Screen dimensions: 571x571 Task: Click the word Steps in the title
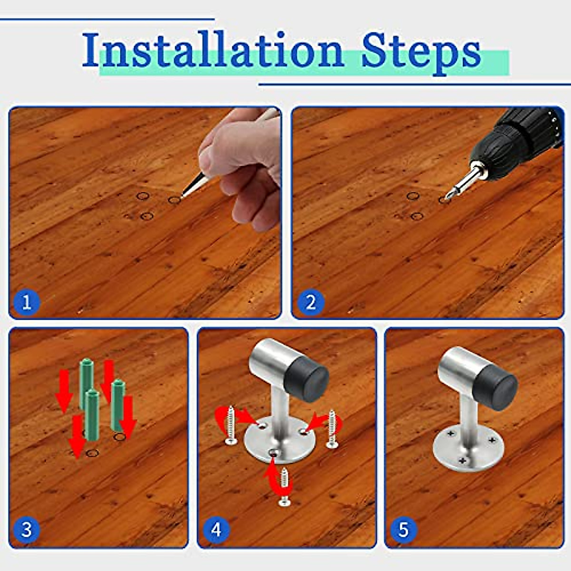[x=421, y=53]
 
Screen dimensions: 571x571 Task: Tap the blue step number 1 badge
[x=27, y=303]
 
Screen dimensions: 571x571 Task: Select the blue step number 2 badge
[x=310, y=303]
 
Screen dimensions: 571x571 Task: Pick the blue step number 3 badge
[x=27, y=530]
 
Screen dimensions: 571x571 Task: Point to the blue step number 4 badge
[x=217, y=530]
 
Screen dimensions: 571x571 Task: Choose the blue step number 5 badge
[x=404, y=530]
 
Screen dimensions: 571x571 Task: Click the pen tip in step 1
[x=181, y=196]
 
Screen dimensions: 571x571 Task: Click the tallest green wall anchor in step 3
[x=87, y=382]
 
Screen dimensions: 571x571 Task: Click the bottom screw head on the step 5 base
[x=463, y=461]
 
